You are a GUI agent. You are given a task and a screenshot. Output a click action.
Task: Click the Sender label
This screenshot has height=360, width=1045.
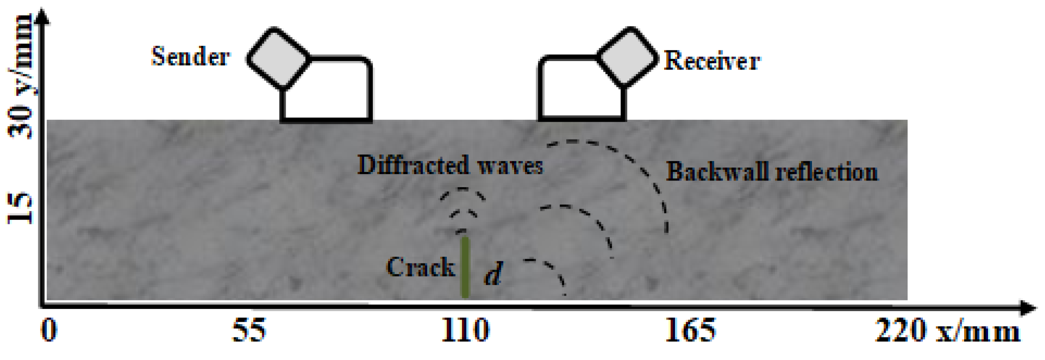pos(190,57)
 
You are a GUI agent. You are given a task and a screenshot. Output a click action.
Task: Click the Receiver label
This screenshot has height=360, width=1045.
pos(712,61)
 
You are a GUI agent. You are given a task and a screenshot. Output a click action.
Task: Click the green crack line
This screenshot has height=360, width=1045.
pos(465,268)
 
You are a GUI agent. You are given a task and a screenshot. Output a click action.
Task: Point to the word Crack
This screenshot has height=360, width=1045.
pos(420,268)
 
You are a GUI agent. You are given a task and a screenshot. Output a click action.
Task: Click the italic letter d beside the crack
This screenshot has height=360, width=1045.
pos(493,274)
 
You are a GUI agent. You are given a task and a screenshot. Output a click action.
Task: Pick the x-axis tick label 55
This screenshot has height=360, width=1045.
pos(249,331)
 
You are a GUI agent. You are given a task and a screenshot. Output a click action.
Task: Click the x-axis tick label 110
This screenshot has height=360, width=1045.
pos(465,331)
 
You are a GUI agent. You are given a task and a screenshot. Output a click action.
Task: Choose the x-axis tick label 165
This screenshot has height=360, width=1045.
pos(690,331)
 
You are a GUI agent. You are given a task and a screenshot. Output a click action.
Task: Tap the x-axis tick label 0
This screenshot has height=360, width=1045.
pos(49,331)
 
